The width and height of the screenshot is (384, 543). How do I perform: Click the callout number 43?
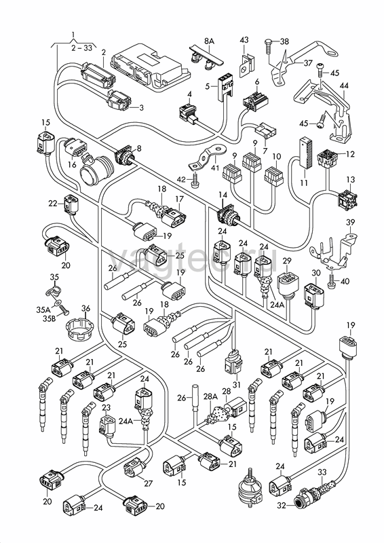point(244,40)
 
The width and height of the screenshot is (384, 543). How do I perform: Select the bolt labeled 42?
point(195,180)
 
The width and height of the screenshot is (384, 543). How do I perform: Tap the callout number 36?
point(85,308)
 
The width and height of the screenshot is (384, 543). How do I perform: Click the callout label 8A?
point(209,41)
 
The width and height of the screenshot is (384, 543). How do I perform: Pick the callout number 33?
point(322,472)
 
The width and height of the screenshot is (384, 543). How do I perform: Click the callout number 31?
point(237,385)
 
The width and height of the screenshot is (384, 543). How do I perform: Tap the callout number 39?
point(350,222)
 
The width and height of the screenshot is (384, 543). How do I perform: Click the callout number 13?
point(351,179)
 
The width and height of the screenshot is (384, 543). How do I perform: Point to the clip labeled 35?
point(52,291)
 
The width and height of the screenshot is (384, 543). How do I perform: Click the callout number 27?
point(148,483)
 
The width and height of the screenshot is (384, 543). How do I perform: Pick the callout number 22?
point(53,204)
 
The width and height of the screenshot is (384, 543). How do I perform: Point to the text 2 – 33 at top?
point(82,48)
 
